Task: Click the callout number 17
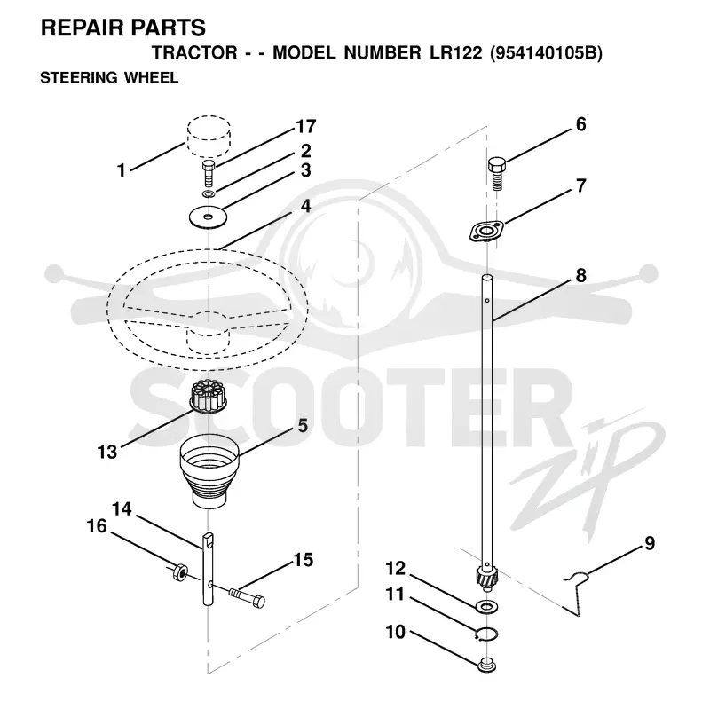(305, 126)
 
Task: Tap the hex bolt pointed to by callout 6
(497, 173)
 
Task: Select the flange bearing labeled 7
(485, 232)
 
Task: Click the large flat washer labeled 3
(209, 217)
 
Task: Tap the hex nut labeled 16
(179, 573)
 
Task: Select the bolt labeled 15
(247, 595)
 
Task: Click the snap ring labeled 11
(486, 634)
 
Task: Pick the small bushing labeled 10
(486, 665)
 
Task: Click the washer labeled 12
(486, 606)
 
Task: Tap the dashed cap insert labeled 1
(209, 137)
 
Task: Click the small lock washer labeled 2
(209, 193)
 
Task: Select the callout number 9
(650, 543)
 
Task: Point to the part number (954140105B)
(546, 53)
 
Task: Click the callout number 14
(122, 509)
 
